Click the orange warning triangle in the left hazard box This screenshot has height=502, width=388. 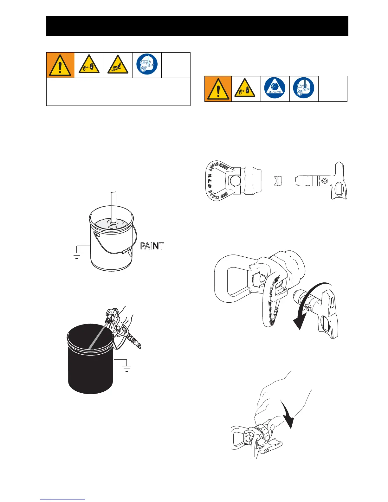click(x=60, y=65)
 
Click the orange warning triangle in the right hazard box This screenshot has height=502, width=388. click(x=218, y=89)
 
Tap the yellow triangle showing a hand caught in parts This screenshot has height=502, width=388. click(x=118, y=65)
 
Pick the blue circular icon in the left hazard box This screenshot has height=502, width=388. click(x=147, y=65)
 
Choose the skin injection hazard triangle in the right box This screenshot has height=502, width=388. click(x=246, y=89)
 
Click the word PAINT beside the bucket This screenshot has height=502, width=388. click(x=152, y=246)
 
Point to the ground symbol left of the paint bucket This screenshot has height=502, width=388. click(x=77, y=255)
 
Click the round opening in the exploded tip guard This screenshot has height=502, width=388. click(x=235, y=181)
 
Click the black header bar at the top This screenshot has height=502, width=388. click(x=197, y=26)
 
